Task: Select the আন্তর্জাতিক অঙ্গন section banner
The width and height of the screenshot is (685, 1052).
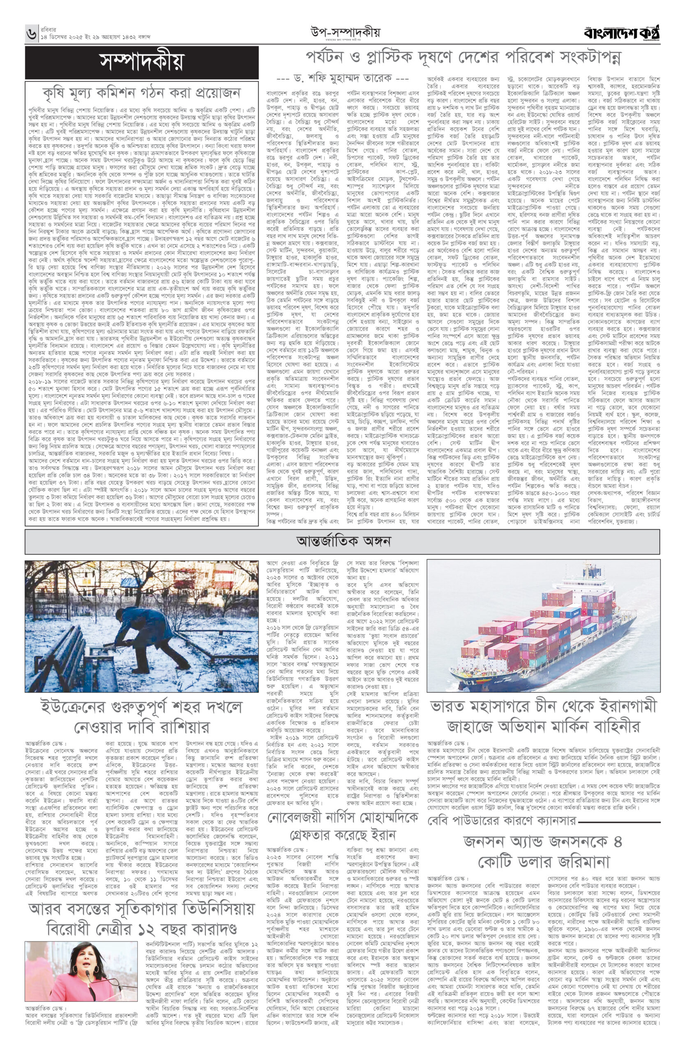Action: click(343, 541)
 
